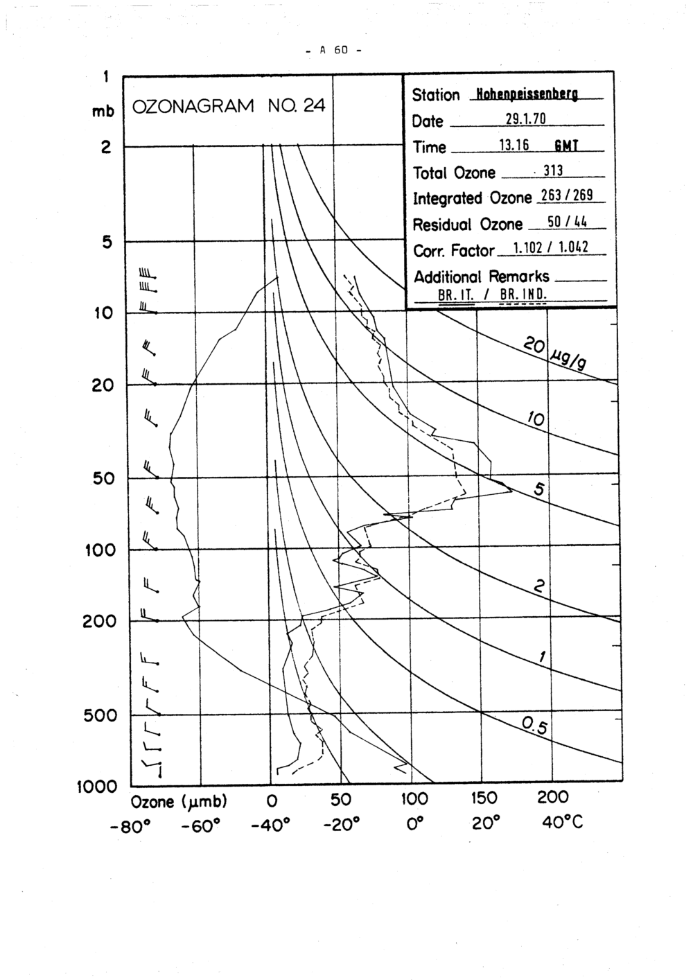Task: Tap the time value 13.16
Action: click(x=514, y=145)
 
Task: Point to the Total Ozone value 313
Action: click(x=552, y=170)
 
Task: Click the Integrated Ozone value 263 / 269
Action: click(x=565, y=196)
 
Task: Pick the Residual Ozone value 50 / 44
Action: click(x=567, y=222)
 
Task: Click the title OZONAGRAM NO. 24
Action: click(x=228, y=106)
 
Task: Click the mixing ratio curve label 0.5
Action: click(x=534, y=726)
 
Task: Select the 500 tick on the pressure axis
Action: click(x=100, y=715)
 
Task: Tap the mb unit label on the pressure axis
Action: click(x=103, y=111)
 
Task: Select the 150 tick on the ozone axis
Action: click(x=484, y=799)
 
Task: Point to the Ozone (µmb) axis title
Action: click(x=179, y=802)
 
